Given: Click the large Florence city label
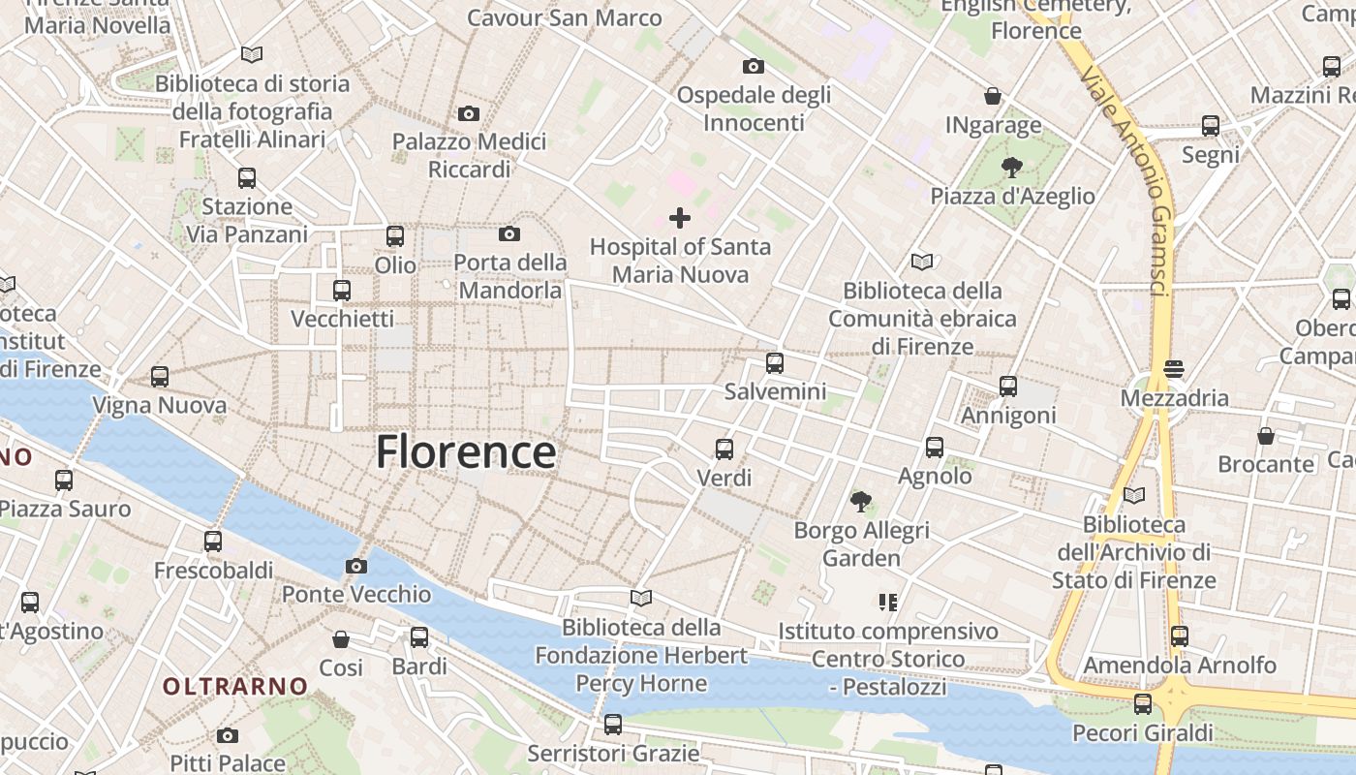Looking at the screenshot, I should tap(466, 452).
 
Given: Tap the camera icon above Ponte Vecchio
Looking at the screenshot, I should tap(356, 566).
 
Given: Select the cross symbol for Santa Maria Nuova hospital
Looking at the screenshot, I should tap(680, 218).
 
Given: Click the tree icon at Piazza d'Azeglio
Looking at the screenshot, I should tap(1012, 167).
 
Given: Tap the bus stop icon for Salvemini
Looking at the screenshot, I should tap(775, 363).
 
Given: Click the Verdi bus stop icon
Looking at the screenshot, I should tap(724, 449).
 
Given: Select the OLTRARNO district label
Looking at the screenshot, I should tap(235, 687).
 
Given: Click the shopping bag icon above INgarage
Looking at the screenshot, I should tap(993, 96).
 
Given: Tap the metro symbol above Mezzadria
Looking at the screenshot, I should tap(1174, 369).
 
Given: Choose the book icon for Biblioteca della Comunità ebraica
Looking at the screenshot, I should tap(922, 262).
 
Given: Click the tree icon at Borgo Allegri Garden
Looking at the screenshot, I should tap(860, 502).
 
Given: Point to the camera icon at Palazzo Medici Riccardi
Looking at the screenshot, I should tap(469, 114).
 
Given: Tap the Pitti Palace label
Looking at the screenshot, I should tap(228, 763).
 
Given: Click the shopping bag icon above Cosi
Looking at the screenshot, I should tap(341, 639).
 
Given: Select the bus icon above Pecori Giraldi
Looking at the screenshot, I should tap(1143, 703).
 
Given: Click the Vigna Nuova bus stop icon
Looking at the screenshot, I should tap(160, 377).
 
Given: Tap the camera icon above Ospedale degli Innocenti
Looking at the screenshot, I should tap(754, 66).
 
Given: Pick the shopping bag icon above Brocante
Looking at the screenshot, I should tap(1266, 436).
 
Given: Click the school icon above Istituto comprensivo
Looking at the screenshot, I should tap(887, 603).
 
